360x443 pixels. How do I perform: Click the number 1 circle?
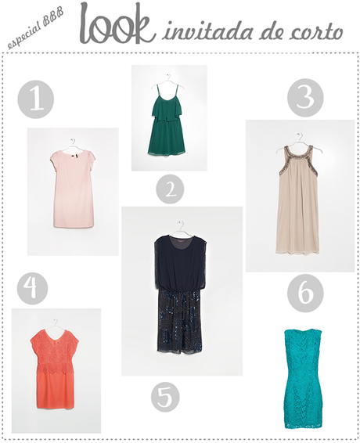click(35, 101)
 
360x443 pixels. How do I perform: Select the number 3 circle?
click(305, 99)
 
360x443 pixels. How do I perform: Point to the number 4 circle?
click(31, 288)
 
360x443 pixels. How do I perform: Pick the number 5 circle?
click(165, 395)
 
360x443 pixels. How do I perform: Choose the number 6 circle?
click(304, 294)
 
